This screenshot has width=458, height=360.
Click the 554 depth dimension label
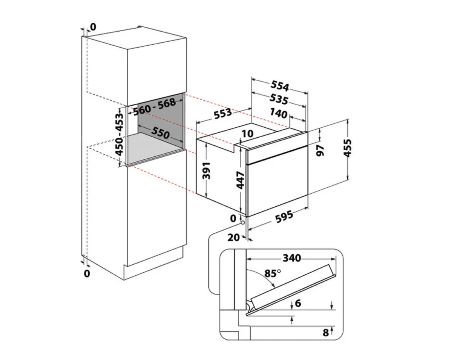(x=280, y=87)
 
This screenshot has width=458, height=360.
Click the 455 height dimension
(x=347, y=149)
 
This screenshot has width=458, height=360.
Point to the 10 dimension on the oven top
(x=247, y=133)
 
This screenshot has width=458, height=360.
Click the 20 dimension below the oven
(x=234, y=237)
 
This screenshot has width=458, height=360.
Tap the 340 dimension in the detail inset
(x=292, y=258)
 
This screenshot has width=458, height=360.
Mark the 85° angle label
(x=272, y=273)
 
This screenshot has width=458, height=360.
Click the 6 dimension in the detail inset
(x=298, y=304)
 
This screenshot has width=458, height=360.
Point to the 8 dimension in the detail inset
(x=326, y=333)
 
